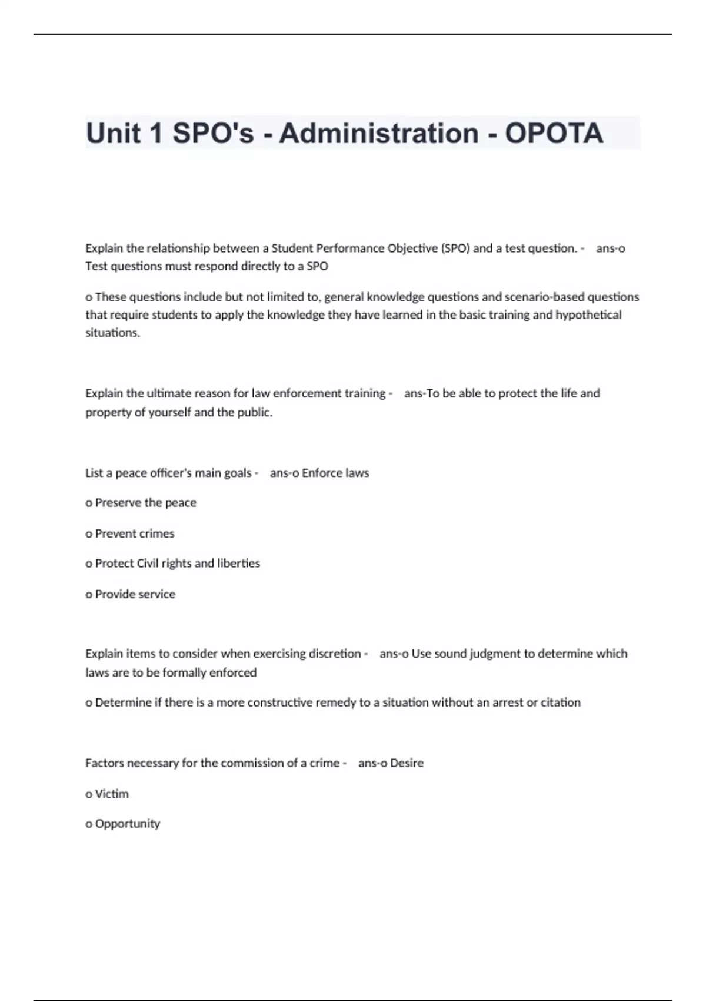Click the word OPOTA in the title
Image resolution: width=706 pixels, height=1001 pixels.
(554, 133)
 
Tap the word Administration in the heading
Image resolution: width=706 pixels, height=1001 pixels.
(379, 133)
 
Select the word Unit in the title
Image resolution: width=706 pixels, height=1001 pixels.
(114, 133)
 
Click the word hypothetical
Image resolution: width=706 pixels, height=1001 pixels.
(588, 314)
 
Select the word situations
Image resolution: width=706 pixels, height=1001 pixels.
(112, 333)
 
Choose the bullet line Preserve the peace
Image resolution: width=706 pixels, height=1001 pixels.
(141, 503)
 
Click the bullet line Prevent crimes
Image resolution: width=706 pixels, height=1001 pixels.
(131, 533)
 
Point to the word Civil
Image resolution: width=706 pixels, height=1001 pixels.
(147, 564)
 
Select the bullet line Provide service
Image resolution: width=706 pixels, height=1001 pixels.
(131, 594)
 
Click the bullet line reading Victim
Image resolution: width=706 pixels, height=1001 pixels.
(108, 794)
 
